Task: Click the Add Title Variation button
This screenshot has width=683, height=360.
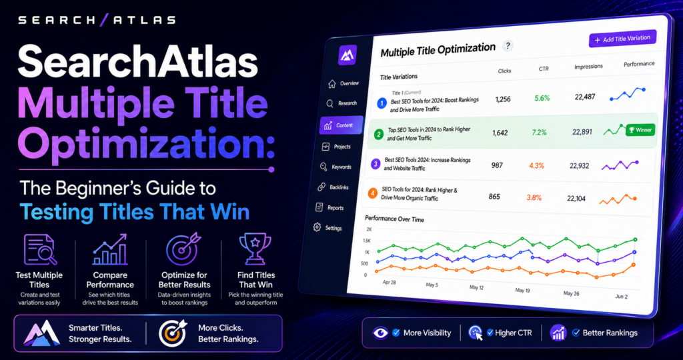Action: tap(622, 39)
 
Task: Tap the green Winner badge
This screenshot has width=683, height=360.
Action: tap(640, 130)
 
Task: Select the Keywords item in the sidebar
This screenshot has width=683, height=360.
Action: tap(335, 167)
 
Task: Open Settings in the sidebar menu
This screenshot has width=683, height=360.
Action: tap(327, 227)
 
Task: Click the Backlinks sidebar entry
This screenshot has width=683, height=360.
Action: tap(333, 187)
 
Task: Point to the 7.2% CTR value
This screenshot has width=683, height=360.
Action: tap(539, 133)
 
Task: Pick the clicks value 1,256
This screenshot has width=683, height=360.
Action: tap(503, 99)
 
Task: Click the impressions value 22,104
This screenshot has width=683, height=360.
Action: tap(576, 199)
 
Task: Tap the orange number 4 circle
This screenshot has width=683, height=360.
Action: tap(372, 193)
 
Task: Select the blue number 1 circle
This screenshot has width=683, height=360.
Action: tap(382, 103)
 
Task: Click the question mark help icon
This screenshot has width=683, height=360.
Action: tap(508, 46)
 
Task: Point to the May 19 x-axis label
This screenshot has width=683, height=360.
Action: tap(522, 290)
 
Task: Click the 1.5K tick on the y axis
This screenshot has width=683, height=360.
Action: tap(366, 241)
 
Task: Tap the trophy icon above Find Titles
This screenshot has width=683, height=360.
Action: tap(255, 249)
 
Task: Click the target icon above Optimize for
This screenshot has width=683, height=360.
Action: tap(183, 249)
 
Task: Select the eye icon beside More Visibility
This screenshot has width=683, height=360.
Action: tap(380, 333)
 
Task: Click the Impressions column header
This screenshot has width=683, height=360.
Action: tap(588, 67)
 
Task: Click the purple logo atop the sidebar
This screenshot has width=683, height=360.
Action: tap(348, 55)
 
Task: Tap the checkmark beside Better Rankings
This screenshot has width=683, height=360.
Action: tap(576, 333)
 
